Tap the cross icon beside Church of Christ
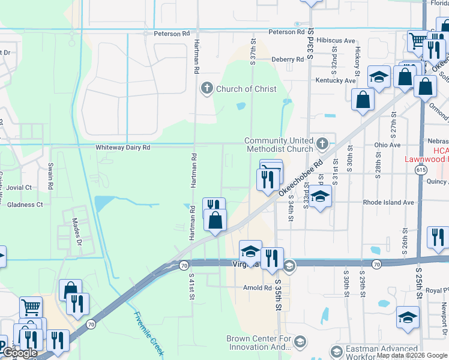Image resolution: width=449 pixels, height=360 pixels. coord(207,89)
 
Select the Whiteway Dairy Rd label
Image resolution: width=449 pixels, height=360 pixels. coord(122,147)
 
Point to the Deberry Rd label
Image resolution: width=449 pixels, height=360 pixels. coord(288,59)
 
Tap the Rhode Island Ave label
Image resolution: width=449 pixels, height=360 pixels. coord(388,202)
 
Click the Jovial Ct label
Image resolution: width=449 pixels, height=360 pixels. coord(19,187)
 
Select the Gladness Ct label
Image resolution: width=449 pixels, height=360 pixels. coord(22,205)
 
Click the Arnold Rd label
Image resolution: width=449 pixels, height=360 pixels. coord(258,288)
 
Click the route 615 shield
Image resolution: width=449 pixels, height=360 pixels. coord(421,170)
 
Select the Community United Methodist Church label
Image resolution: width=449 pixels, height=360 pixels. coord(279,145)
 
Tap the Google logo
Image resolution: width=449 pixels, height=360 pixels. coord(20,353)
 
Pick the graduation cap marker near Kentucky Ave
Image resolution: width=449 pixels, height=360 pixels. coord(379,77)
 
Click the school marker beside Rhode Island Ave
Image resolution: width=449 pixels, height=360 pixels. coord(320,196)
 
